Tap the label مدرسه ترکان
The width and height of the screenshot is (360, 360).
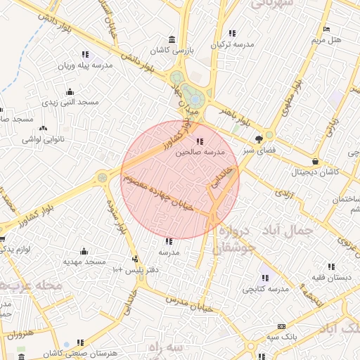(229, 44)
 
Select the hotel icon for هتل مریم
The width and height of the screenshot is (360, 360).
(326, 29)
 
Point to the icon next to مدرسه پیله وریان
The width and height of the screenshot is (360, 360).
(85, 54)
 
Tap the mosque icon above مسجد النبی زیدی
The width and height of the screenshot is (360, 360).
(70, 92)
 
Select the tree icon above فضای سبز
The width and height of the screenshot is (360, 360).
(259, 139)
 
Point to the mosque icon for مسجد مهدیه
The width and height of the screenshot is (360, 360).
(84, 251)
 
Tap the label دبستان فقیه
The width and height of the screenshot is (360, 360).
(333, 277)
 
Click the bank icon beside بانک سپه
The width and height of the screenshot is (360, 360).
(282, 326)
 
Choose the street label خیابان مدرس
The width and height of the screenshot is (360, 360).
(187, 303)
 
